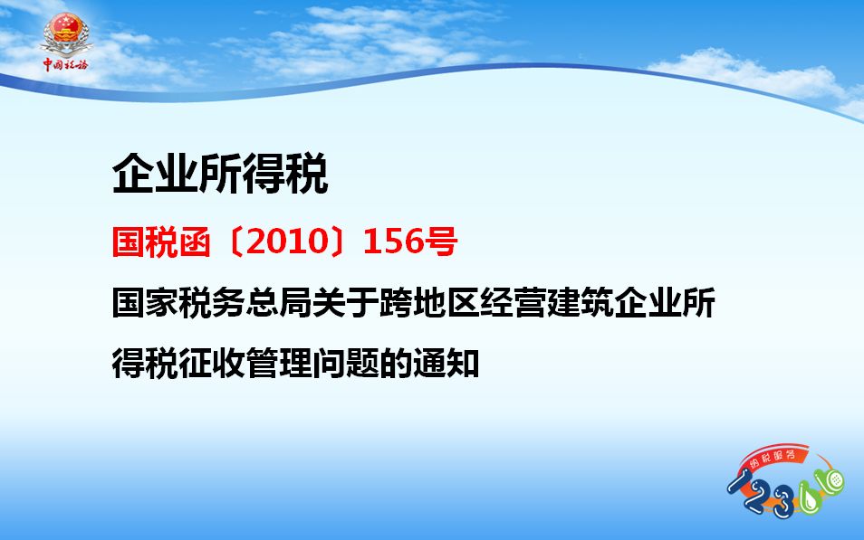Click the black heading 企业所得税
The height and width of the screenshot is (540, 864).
(220, 174)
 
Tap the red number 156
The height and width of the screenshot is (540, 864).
(392, 242)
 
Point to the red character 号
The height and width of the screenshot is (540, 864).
(440, 242)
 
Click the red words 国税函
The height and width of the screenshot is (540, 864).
(161, 242)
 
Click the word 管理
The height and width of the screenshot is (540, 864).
(279, 364)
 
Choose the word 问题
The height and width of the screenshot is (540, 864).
(346, 364)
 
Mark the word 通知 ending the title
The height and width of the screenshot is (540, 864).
(446, 364)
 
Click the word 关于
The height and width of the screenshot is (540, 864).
(346, 303)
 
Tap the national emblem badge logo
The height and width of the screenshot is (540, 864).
(66, 34)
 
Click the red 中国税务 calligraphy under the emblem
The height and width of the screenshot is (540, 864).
(65, 64)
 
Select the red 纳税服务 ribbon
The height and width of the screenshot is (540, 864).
(773, 458)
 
